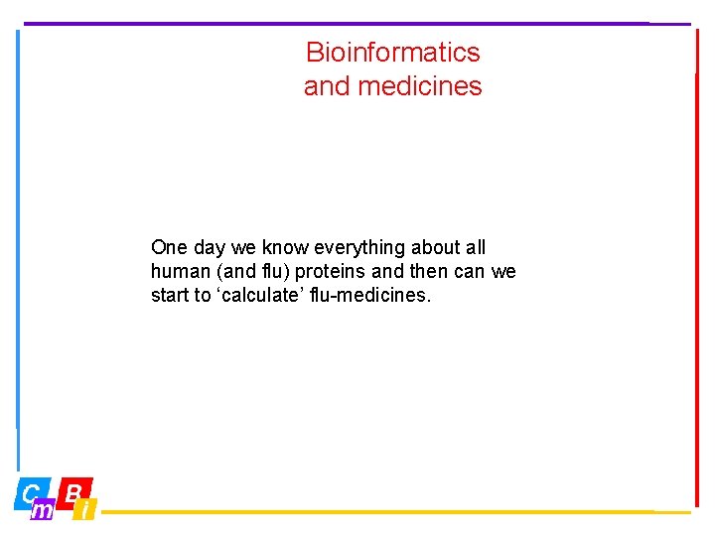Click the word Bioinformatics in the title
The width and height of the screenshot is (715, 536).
[x=392, y=52]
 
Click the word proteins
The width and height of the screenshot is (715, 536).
[x=329, y=271]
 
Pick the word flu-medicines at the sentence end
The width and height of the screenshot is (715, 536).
[x=380, y=295]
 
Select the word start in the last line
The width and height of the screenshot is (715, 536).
[x=170, y=295]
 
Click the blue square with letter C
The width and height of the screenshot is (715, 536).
[x=30, y=491]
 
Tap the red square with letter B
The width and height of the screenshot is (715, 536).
[x=73, y=491]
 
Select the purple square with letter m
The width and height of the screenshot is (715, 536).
[x=44, y=510]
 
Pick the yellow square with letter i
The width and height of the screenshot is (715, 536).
[x=87, y=510]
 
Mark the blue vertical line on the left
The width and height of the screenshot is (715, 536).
[x=17, y=248]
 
